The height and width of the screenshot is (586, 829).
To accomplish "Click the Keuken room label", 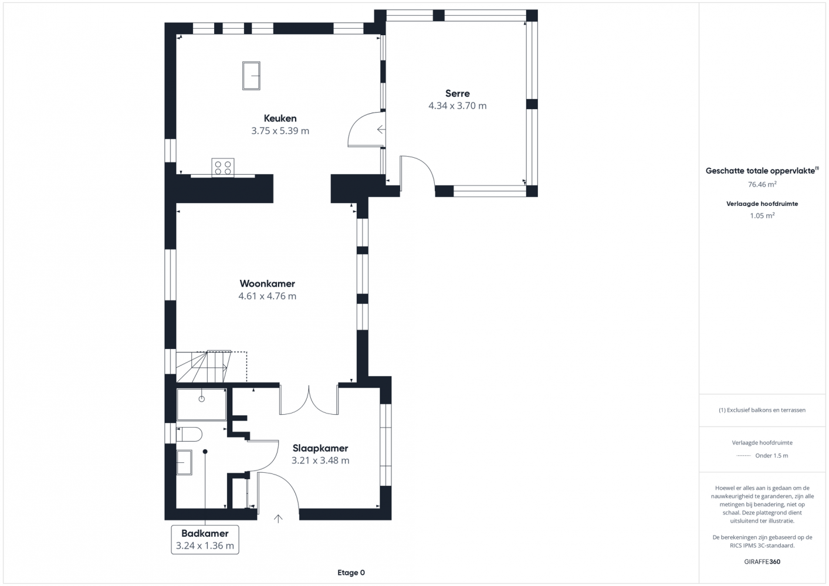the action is [280, 118].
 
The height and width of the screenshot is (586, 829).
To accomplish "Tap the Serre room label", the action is [458, 93].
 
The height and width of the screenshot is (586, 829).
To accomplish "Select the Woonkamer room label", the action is [267, 284].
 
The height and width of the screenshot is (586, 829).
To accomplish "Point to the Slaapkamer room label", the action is [320, 448].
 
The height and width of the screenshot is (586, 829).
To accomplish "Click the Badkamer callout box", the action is [205, 540].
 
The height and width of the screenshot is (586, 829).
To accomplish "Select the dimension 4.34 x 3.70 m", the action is [458, 106].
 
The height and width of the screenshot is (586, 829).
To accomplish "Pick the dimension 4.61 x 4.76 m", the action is [267, 296].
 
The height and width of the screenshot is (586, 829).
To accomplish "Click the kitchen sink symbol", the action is [251, 76].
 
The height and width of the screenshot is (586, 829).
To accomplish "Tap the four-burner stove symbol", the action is [223, 168].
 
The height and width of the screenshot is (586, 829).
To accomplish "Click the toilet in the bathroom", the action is [189, 434].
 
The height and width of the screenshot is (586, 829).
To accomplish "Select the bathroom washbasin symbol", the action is [184, 462].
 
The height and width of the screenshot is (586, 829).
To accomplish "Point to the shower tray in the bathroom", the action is [201, 404].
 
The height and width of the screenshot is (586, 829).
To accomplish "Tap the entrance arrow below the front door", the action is [278, 519].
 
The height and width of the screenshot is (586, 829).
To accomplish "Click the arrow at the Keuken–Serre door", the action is [381, 130].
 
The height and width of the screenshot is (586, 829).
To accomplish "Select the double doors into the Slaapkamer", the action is [309, 400].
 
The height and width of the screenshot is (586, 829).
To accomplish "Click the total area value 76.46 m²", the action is [762, 184].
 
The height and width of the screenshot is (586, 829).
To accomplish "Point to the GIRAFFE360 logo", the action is [762, 561].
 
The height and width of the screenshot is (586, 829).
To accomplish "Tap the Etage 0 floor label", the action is [351, 573].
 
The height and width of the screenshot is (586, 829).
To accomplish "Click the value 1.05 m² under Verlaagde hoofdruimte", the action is [762, 215].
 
